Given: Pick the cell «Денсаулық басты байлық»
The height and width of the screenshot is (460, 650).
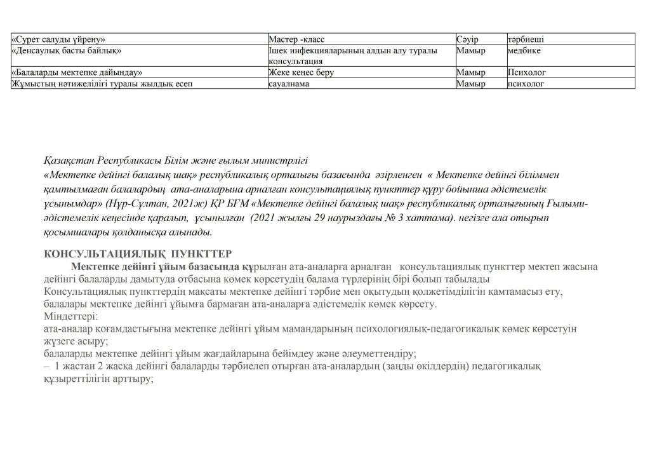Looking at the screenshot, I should click(67, 50).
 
